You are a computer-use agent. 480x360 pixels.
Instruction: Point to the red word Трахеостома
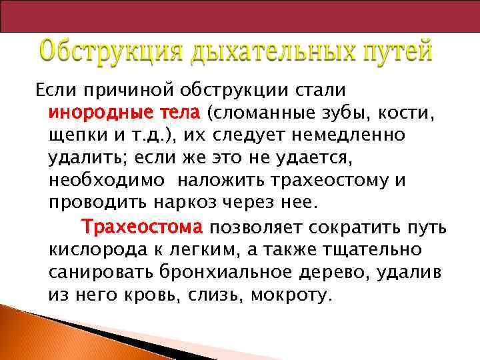(x=141, y=227)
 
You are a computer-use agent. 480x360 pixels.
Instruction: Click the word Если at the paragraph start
(x=52, y=88)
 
